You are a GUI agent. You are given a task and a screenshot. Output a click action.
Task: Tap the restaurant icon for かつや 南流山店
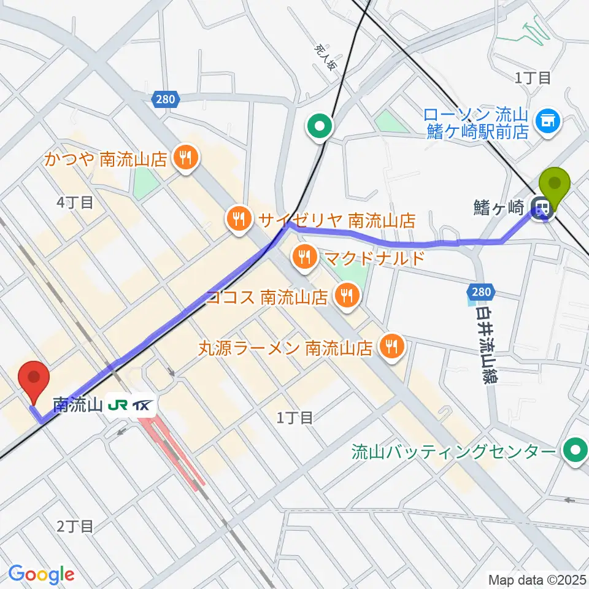184,159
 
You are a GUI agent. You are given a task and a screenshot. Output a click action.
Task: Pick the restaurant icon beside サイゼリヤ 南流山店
237,218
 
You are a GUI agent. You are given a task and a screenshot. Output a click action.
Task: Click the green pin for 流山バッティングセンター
576,452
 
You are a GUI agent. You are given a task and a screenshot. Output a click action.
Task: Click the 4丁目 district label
74,202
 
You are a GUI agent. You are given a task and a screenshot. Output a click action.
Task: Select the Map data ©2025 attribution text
536,579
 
